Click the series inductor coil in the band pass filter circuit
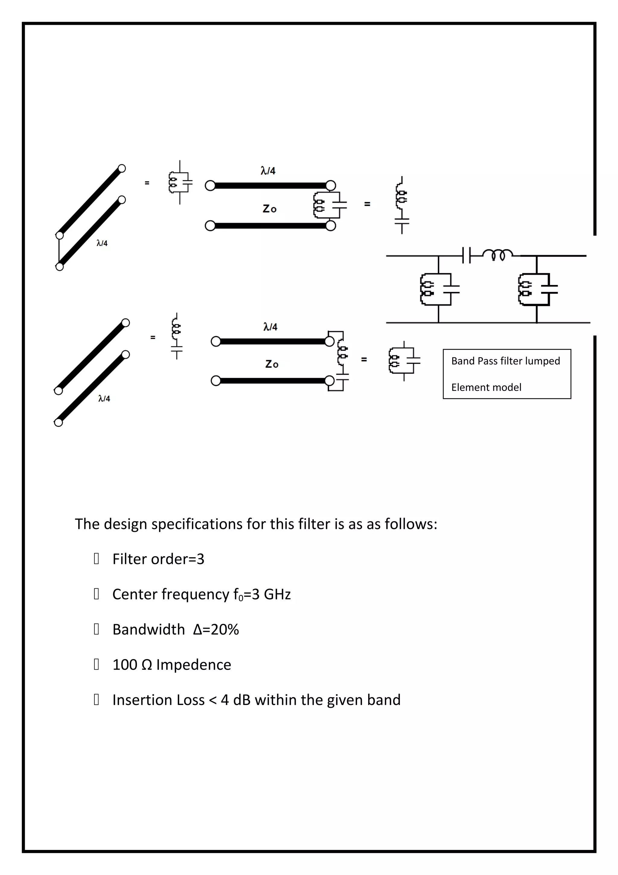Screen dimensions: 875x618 pyautogui.click(x=497, y=254)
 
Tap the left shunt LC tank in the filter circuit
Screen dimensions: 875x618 pyautogui.click(x=439, y=289)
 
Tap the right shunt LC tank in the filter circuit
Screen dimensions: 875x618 pyautogui.click(x=537, y=289)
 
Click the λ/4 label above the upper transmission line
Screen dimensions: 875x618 pyautogui.click(x=268, y=170)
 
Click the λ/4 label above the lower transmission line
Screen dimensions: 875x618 pyautogui.click(x=270, y=327)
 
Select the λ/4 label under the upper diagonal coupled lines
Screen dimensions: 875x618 pyautogui.click(x=102, y=243)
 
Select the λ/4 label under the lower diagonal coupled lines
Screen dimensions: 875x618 pyautogui.click(x=104, y=398)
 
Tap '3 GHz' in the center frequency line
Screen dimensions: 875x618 pyautogui.click(x=271, y=594)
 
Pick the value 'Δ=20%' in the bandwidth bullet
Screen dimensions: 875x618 pyautogui.click(x=216, y=630)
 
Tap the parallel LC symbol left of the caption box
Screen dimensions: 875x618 pyautogui.click(x=404, y=360)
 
